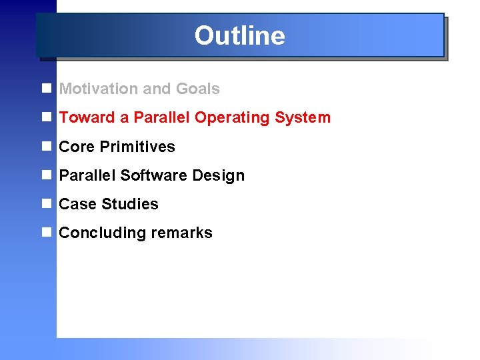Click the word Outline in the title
[239, 35]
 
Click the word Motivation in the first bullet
[98, 89]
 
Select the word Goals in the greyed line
[197, 89]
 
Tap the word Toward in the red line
[87, 118]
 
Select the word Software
[153, 175]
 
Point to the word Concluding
[99, 233]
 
